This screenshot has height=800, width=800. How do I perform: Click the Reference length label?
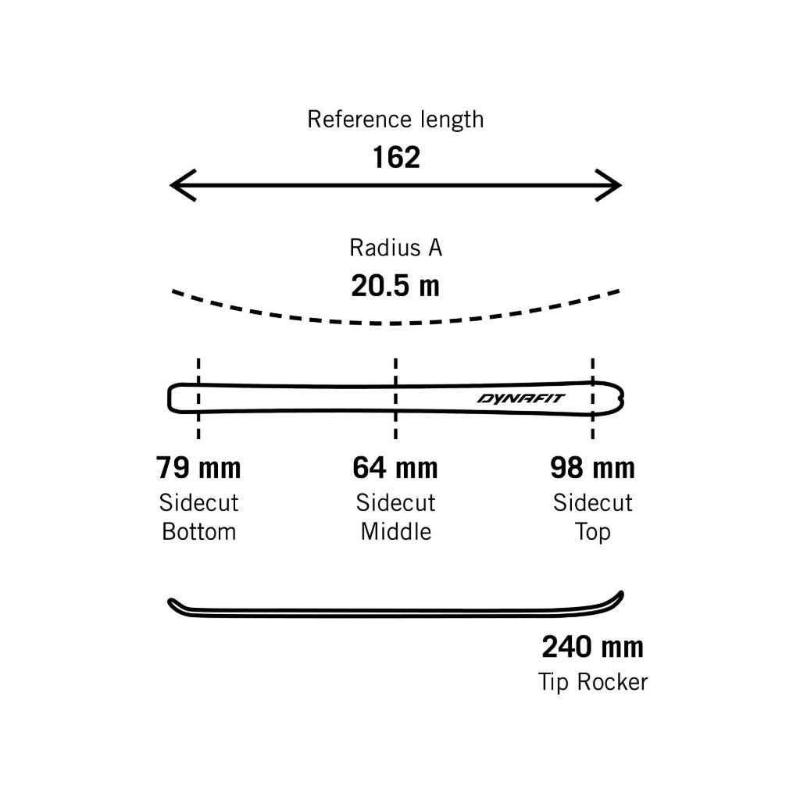coord(395,120)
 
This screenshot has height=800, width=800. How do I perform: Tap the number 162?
coord(396,158)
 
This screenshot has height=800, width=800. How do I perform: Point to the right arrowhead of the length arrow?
coord(611,186)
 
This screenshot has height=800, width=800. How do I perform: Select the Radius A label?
coord(395,248)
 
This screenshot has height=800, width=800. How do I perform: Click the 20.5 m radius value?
coord(395,286)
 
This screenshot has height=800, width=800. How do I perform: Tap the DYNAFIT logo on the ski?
coord(523,398)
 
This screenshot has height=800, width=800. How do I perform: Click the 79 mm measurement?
coord(198,468)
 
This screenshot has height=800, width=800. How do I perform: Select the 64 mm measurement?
coord(395,468)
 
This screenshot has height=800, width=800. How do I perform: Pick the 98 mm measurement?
coord(592,468)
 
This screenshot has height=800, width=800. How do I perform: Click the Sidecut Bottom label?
coord(198,516)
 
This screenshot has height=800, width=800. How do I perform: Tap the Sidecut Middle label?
coord(395,516)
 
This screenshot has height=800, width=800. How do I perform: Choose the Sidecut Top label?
coord(592,516)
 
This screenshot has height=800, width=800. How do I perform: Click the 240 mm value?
coord(592,647)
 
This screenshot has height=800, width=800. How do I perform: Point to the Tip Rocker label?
coord(592,682)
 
